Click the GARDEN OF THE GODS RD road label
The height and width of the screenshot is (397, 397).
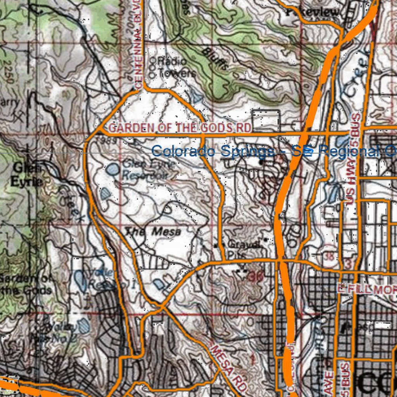point(180,128)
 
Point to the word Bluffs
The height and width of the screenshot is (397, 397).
point(215,58)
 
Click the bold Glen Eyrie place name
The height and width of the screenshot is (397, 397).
point(27,174)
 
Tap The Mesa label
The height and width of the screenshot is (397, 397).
point(153,231)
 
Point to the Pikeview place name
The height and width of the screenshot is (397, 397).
point(312,12)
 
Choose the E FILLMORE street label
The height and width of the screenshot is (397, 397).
point(366,289)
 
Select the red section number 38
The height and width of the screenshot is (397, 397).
point(330,256)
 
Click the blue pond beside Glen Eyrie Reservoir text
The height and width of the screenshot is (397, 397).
point(113,169)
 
